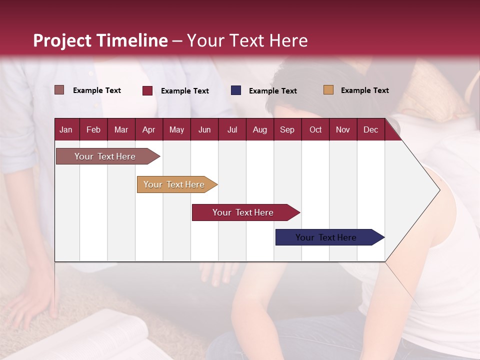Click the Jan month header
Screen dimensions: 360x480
(66, 129)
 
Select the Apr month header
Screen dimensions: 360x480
(148, 129)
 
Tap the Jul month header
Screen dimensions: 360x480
(232, 129)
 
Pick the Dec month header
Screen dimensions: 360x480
(370, 129)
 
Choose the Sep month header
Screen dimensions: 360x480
(287, 129)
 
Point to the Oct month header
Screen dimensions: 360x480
(315, 129)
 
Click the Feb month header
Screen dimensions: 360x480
(93, 129)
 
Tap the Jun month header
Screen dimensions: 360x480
(204, 129)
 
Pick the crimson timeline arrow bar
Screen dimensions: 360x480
(243, 212)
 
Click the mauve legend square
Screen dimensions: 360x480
(59, 90)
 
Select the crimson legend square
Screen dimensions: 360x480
(147, 90)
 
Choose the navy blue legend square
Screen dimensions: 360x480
(236, 90)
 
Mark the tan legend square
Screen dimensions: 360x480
(328, 90)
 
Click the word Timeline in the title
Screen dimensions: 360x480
(131, 40)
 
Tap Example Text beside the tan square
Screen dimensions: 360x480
(364, 90)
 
